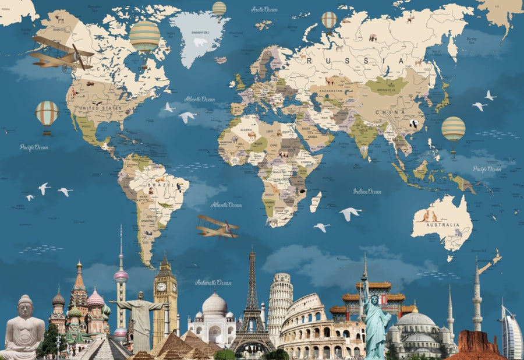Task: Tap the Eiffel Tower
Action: pyautogui.click(x=252, y=309)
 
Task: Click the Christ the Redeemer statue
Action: pyautogui.click(x=139, y=317)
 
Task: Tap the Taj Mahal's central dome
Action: pyautogui.click(x=214, y=304)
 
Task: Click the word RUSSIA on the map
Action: pyautogui.click(x=355, y=61)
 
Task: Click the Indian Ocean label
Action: pyautogui.click(x=367, y=191)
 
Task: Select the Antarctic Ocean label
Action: pyautogui.click(x=213, y=283)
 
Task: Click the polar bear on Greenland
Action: pyautogui.click(x=200, y=43)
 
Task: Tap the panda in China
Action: pyautogui.click(x=415, y=123)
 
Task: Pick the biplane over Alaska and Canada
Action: pyautogui.click(x=61, y=52)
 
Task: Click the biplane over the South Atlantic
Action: pyautogui.click(x=218, y=227)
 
